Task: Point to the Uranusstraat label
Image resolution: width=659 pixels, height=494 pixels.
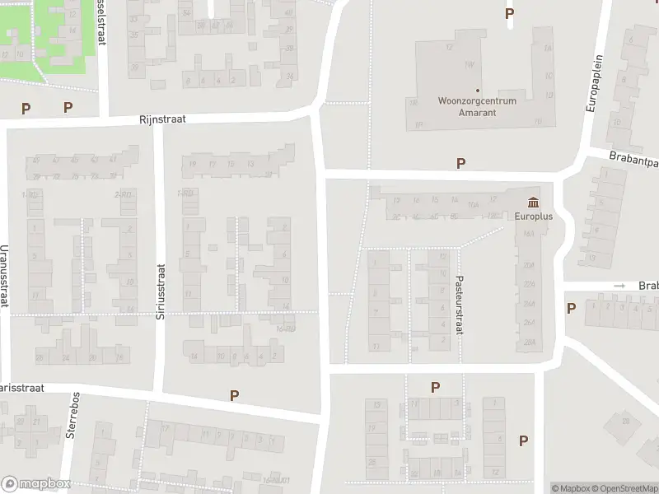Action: coord(5,279)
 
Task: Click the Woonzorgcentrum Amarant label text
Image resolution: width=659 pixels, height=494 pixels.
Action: coord(477,107)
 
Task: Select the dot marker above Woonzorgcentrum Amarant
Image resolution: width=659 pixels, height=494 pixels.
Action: coord(477,91)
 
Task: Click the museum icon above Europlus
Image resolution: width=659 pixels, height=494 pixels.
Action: coord(533,203)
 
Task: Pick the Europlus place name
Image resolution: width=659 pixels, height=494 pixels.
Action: coord(533,218)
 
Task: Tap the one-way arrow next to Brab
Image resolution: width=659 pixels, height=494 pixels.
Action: coord(619,286)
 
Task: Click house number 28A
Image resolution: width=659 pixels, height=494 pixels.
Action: coord(530,342)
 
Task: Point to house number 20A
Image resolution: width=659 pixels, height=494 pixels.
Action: coord(530,264)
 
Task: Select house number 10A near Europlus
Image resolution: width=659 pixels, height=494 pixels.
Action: coord(473,205)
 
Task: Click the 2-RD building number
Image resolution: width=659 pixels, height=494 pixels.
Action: coord(124,194)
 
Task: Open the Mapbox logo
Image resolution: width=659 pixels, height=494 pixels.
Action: coord(36,483)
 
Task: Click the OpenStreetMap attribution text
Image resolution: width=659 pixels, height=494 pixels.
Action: coord(623,488)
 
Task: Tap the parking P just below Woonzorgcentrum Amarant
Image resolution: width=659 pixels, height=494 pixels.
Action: coord(460,164)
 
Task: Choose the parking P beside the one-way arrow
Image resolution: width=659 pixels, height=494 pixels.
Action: coord(571,308)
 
